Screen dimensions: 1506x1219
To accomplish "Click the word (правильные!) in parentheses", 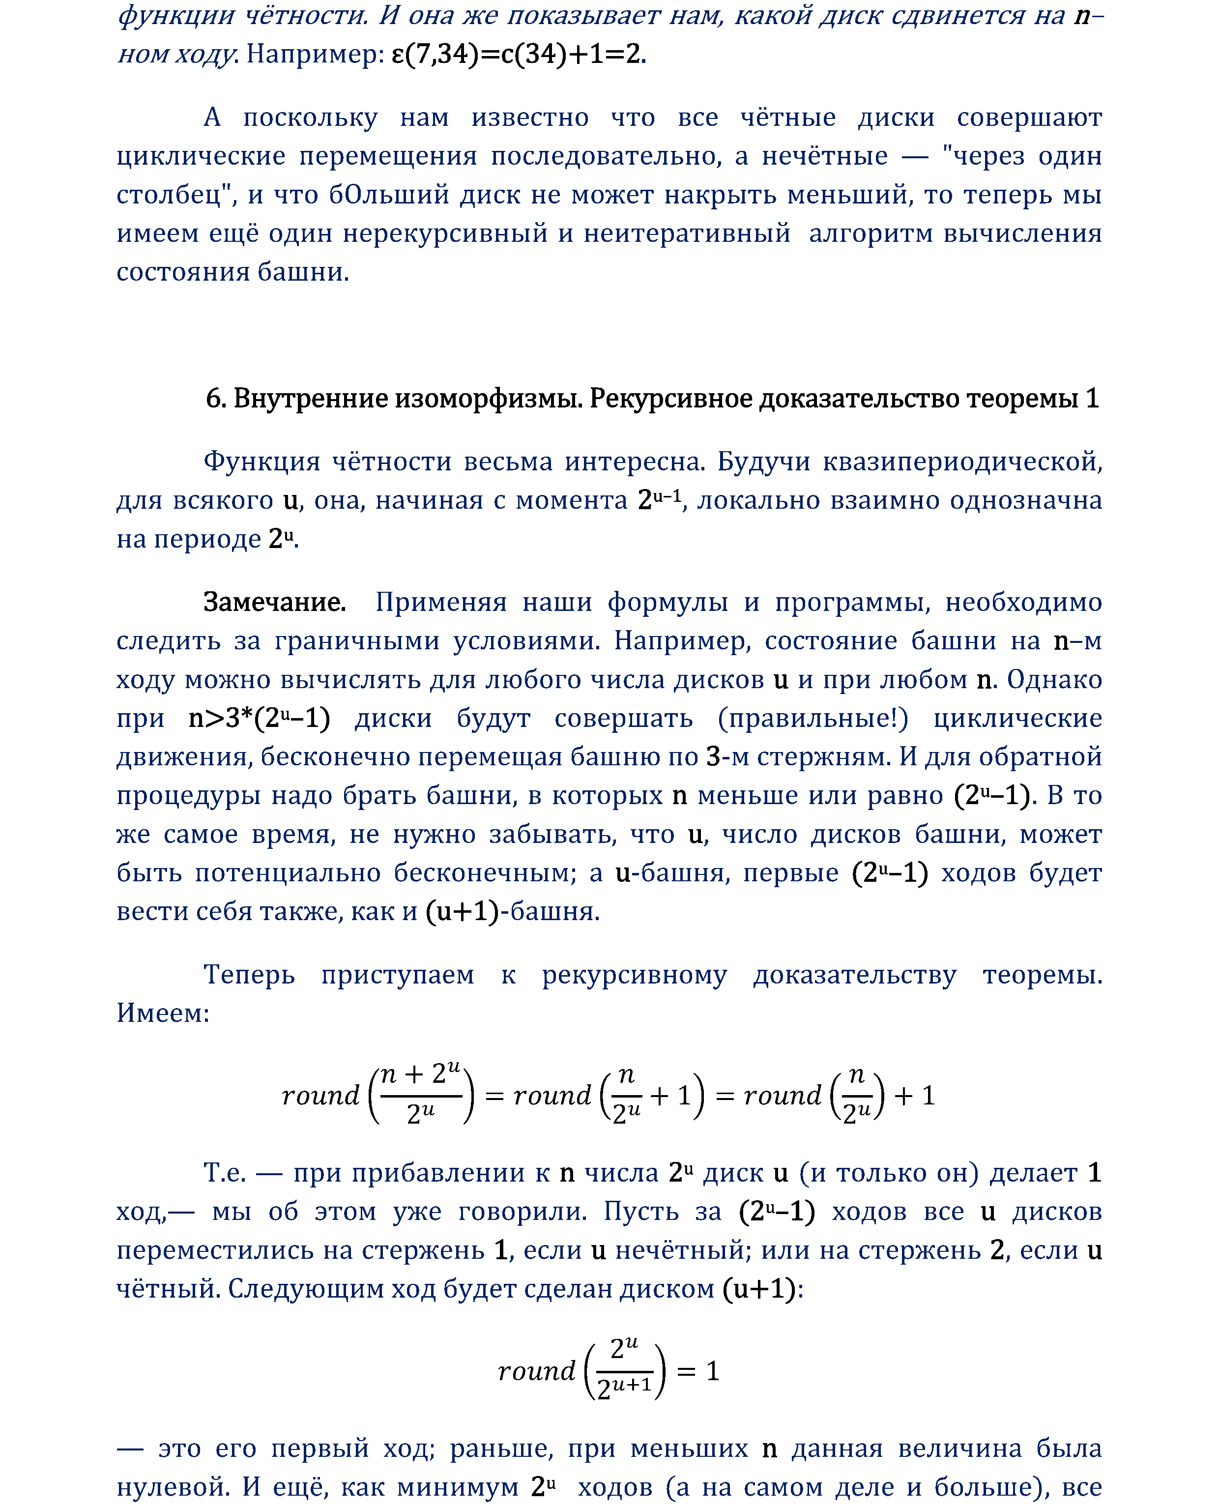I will click(813, 718).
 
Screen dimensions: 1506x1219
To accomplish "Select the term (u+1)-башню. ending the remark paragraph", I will click(513, 911).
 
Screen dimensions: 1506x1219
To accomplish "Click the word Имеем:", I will click(163, 1013).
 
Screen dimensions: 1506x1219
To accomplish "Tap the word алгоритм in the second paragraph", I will click(870, 233).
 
